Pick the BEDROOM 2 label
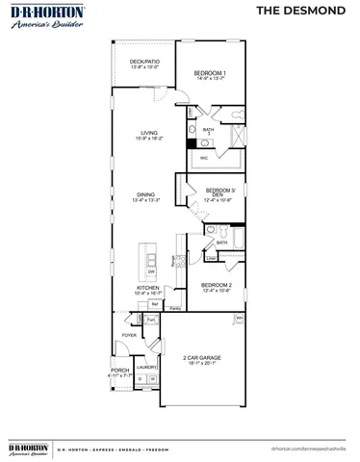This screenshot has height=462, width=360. tap(216, 286)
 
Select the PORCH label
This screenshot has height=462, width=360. tap(120, 371)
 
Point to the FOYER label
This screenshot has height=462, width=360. tap(128, 336)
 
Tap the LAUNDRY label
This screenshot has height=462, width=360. tap(146, 367)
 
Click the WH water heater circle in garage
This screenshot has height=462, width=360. tap(239, 317)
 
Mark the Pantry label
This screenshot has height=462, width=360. tap(176, 308)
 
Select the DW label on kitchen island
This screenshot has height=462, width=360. tap(151, 272)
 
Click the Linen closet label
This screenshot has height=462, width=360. tap(211, 258)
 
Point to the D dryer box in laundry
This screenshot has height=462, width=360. tap(140, 379)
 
